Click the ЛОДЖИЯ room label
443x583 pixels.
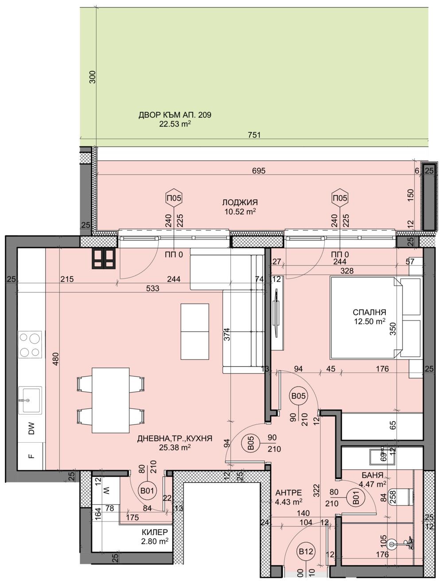tap(240, 203)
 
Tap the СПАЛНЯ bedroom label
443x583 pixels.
tap(370, 312)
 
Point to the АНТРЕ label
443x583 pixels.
tap(288, 493)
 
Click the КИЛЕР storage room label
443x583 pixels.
tap(155, 532)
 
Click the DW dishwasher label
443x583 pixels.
tap(31, 428)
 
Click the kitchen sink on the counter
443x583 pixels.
tap(29, 400)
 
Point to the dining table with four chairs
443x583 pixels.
tap(111, 400)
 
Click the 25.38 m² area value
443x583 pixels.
tap(175, 447)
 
